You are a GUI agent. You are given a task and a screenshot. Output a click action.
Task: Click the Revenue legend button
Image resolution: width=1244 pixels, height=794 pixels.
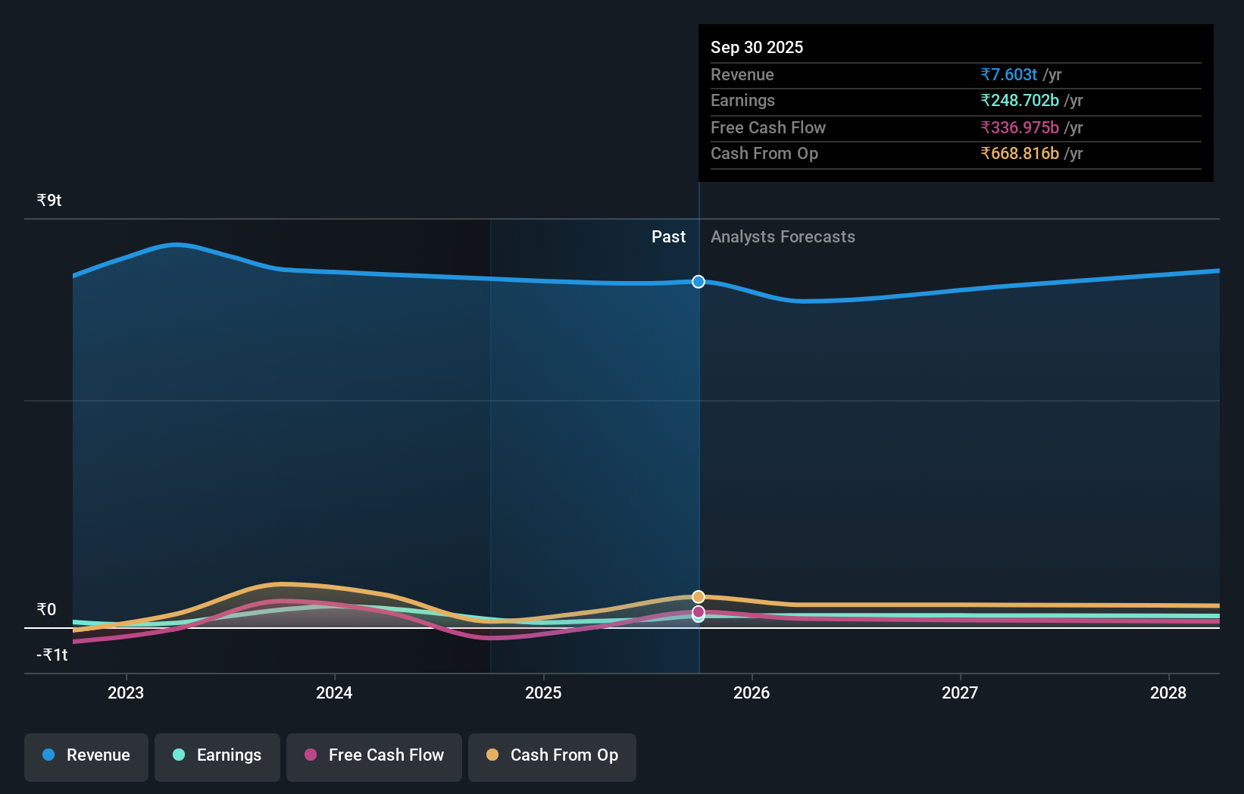pyautogui.click(x=86, y=756)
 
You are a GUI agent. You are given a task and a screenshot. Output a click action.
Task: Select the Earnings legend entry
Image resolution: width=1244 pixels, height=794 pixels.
pyautogui.click(x=217, y=756)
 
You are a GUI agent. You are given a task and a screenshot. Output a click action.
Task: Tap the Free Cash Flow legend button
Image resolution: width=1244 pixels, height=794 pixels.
pyautogui.click(x=374, y=756)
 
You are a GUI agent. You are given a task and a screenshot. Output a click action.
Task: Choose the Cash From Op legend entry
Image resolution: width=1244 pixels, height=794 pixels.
pyautogui.click(x=552, y=756)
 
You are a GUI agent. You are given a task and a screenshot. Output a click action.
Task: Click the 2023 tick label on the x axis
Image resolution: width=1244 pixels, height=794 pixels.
pyautogui.click(x=126, y=692)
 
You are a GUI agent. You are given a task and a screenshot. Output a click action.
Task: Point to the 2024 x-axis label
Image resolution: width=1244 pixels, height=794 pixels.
pyautogui.click(x=334, y=692)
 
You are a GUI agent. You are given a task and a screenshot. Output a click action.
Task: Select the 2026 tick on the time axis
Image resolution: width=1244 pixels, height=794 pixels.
pyautogui.click(x=752, y=692)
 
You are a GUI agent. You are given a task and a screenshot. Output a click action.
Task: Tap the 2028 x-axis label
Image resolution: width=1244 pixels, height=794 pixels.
pyautogui.click(x=1168, y=692)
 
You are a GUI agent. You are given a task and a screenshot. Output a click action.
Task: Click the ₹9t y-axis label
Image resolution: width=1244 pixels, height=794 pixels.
pyautogui.click(x=49, y=201)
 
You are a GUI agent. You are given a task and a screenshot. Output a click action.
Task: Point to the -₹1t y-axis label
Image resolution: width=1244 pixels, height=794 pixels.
pyautogui.click(x=52, y=655)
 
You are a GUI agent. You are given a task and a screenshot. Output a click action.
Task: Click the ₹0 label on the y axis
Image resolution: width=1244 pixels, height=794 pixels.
pyautogui.click(x=46, y=610)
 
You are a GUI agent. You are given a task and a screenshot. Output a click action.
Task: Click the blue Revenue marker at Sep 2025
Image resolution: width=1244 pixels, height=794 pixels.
pyautogui.click(x=699, y=282)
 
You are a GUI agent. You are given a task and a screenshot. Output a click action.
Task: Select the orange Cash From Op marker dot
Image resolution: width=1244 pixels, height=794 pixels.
pyautogui.click(x=699, y=597)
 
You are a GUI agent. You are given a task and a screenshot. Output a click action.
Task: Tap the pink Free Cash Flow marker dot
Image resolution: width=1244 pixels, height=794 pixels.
pyautogui.click(x=699, y=611)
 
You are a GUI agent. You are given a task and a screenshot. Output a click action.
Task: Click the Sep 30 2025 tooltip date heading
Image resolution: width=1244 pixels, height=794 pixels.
pyautogui.click(x=757, y=47)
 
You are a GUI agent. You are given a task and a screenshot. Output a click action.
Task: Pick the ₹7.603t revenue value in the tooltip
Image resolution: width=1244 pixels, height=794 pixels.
pyautogui.click(x=1008, y=74)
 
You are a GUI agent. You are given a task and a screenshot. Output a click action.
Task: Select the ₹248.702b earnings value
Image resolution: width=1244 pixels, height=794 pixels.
pyautogui.click(x=1019, y=101)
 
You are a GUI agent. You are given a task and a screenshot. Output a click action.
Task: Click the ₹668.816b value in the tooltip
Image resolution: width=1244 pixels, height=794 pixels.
pyautogui.click(x=1019, y=154)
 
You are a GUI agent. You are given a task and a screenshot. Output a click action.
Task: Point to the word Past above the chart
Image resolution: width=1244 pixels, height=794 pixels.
pyautogui.click(x=668, y=237)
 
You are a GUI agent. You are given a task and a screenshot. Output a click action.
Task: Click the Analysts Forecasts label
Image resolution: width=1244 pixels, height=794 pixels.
pyautogui.click(x=783, y=237)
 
